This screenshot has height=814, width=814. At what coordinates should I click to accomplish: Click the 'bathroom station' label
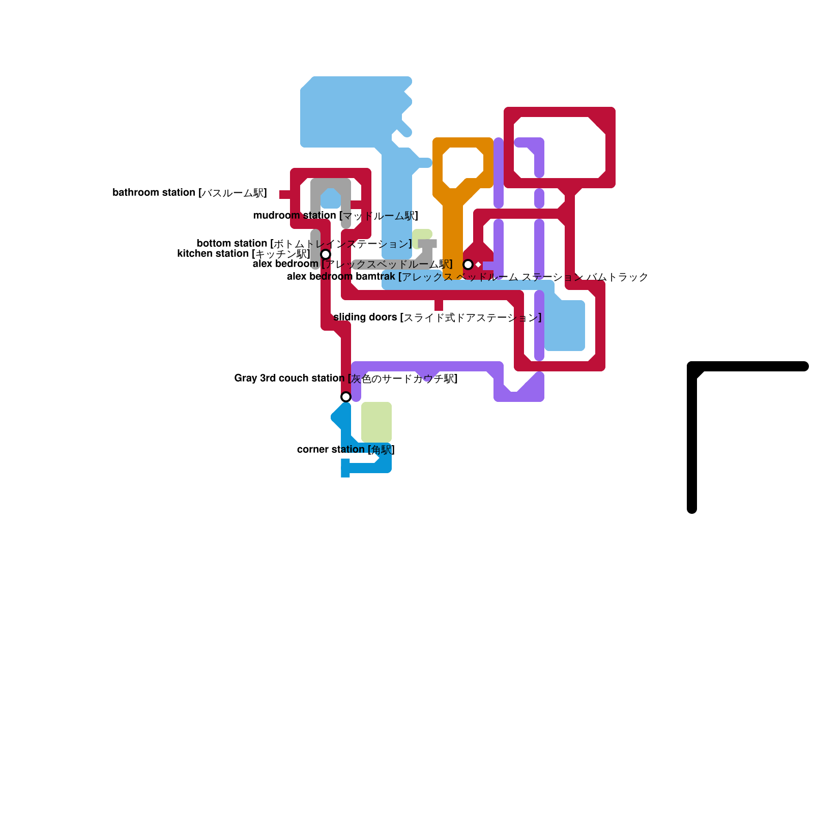click(x=189, y=193)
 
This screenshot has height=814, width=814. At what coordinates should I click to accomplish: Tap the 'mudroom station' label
click(x=335, y=216)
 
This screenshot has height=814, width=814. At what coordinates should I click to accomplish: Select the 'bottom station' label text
click(x=304, y=244)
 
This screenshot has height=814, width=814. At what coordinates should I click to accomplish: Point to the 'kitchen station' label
click(x=243, y=254)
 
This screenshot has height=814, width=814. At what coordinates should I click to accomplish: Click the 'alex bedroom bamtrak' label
click(x=467, y=277)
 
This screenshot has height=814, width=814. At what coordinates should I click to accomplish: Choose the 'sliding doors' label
click(x=437, y=317)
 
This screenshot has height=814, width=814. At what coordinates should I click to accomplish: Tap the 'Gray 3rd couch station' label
click(x=345, y=379)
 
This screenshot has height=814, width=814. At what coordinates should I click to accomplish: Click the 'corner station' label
click(x=345, y=450)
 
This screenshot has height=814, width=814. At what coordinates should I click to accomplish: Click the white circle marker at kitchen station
click(x=326, y=254)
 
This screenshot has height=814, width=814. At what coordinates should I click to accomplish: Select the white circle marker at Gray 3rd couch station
click(x=346, y=397)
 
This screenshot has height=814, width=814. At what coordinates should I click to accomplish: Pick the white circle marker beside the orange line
click(x=468, y=265)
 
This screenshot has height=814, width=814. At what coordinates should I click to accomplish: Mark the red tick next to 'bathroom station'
click(x=285, y=194)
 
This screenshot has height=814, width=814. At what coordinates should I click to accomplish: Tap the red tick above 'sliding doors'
click(x=439, y=305)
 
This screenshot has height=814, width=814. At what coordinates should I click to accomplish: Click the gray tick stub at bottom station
click(x=427, y=244)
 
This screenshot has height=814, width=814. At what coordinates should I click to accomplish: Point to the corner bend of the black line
click(x=693, y=367)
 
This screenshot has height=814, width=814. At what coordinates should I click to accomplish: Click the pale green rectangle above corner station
click(x=376, y=422)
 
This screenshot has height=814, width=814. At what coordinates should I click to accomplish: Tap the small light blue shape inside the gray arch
click(x=331, y=198)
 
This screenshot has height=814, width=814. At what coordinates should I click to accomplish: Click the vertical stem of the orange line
click(x=452, y=234)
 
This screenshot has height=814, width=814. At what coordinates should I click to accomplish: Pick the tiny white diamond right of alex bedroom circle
click(x=478, y=265)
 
